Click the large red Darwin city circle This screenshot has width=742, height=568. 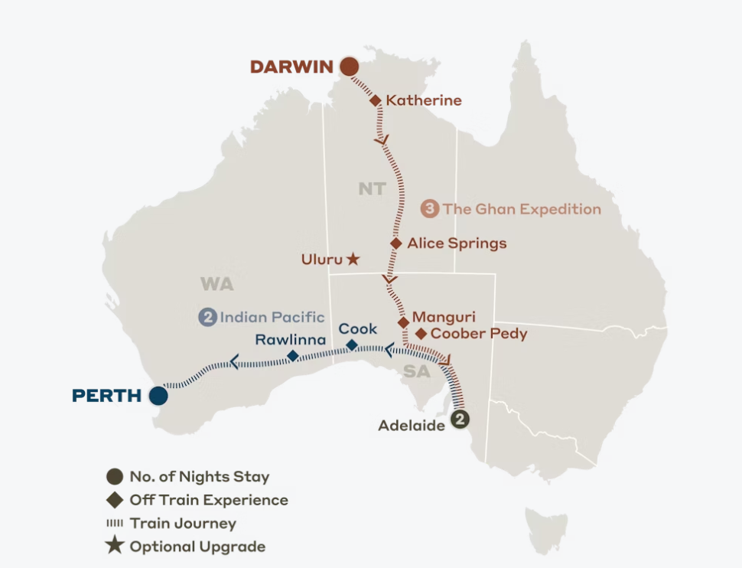[349, 67]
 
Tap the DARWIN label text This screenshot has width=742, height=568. [291, 67]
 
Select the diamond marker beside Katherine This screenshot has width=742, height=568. [376, 100]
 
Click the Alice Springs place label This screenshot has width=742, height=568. [457, 243]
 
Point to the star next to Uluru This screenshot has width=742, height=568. [353, 260]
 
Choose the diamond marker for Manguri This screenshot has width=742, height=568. [403, 322]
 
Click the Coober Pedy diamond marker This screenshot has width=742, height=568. [420, 334]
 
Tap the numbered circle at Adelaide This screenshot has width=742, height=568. [459, 419]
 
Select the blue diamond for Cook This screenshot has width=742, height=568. [352, 345]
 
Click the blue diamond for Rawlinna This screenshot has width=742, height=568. [292, 356]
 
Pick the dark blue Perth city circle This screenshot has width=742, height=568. [158, 396]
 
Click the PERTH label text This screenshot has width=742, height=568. [106, 396]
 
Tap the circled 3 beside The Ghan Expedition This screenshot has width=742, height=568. [430, 209]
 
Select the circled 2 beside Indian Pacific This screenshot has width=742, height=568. [207, 317]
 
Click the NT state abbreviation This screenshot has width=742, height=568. [372, 188]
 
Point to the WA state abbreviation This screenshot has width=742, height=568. [216, 285]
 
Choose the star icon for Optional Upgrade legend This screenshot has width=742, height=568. [115, 547]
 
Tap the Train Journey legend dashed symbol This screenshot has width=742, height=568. [115, 524]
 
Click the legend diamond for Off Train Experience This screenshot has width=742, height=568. [115, 501]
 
